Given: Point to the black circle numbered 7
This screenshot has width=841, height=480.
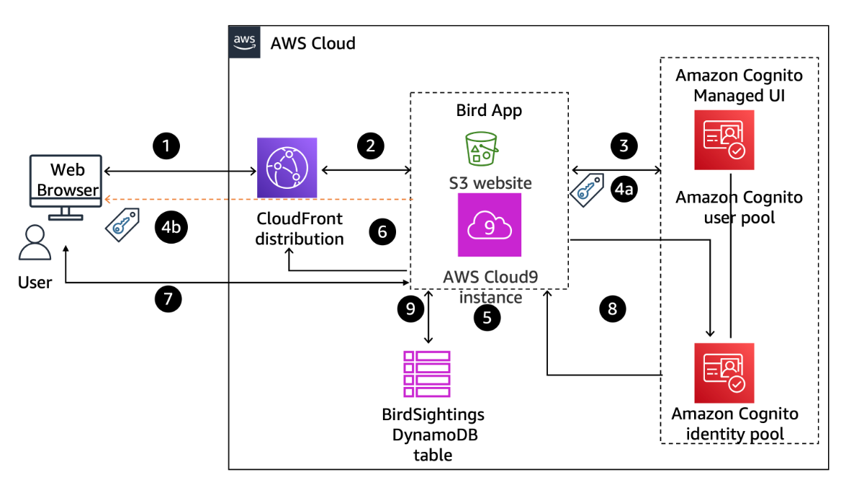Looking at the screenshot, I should pos(168,298).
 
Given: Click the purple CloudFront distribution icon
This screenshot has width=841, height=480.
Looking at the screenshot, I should pos(287,168).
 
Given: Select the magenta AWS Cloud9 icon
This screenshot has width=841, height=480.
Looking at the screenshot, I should pos(489,225).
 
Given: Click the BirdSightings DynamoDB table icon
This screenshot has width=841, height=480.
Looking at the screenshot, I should pos(427,374).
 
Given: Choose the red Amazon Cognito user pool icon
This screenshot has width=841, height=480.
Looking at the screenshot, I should pos(724,140).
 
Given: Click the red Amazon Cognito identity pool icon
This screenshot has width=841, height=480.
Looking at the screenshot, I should pos(724,373).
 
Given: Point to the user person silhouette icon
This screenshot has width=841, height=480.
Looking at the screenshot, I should pos(34,242).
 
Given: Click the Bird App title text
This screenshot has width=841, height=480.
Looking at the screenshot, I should pos(489,110).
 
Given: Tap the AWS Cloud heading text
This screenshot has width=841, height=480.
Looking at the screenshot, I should pos(312,43).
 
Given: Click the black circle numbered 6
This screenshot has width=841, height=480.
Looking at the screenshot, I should pos(382,231).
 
